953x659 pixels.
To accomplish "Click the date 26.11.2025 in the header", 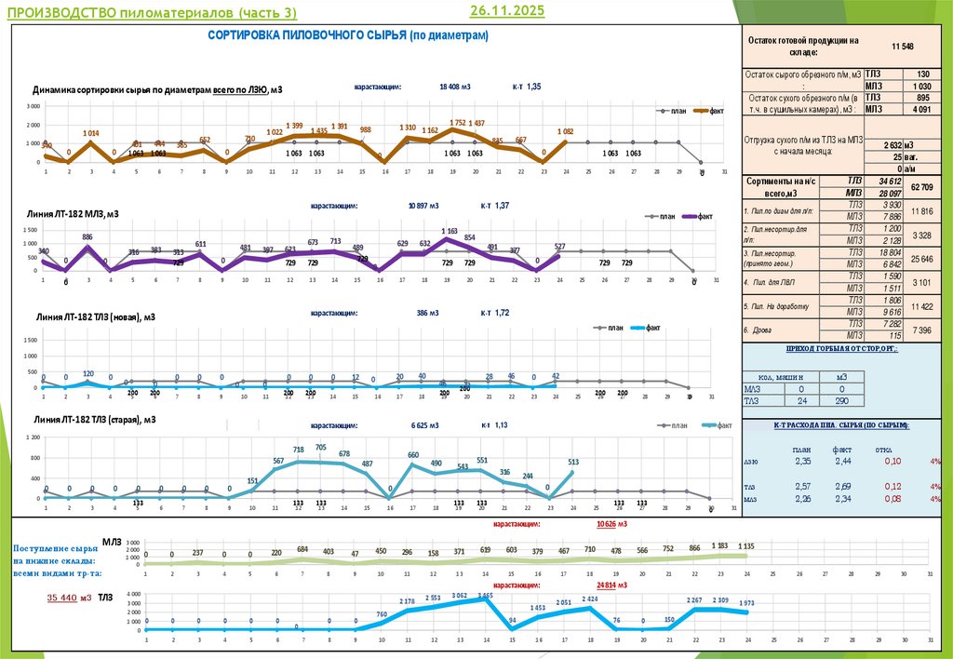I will click(x=507, y=11).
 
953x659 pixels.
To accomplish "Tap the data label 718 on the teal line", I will click(x=299, y=450).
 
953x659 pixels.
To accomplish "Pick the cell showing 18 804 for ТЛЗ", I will click(x=891, y=252).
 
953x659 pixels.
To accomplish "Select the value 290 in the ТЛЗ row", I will click(x=841, y=400).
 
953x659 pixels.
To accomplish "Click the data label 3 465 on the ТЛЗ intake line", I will click(x=486, y=595).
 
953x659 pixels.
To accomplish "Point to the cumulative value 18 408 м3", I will click(x=455, y=87).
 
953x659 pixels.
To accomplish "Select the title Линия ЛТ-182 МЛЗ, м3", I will click(x=76, y=214).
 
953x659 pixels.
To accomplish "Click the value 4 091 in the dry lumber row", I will click(x=920, y=109).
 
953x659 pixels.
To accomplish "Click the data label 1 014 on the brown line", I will click(x=90, y=134).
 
